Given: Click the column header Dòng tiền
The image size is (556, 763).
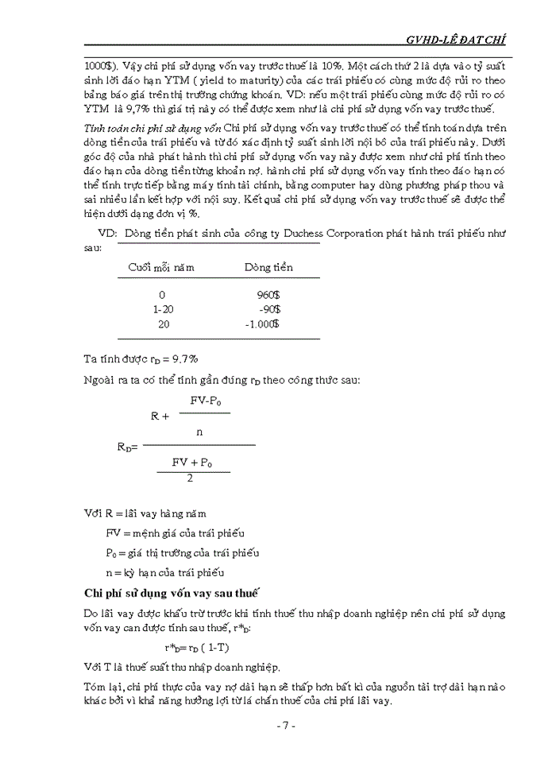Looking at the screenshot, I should point(268,267).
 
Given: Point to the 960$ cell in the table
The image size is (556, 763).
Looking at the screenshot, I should point(268,294).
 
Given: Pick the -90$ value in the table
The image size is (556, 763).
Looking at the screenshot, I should point(268,309).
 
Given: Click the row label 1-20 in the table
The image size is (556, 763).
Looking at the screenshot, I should point(162,309).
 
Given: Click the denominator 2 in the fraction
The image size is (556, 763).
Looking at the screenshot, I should point(190,478).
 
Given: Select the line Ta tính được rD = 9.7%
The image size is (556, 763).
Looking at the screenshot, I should point(141,358).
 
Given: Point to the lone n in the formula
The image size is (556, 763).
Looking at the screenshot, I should point(199,432).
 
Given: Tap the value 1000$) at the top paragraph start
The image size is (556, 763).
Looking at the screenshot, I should point(100,68).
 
